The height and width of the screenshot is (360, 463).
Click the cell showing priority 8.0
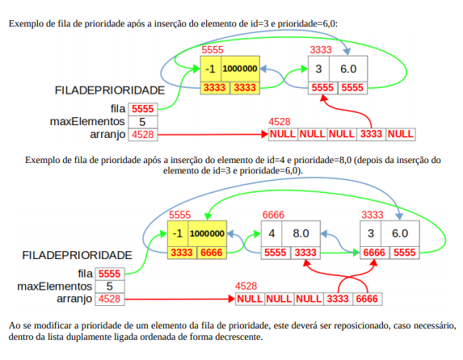(x=301, y=233)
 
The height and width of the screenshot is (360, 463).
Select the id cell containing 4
(x=271, y=233)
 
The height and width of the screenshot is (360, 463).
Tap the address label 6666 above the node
(x=273, y=215)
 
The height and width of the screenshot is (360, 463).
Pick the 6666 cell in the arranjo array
(x=367, y=299)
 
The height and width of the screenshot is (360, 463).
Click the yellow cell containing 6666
(x=212, y=253)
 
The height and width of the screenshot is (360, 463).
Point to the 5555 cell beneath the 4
(x=276, y=253)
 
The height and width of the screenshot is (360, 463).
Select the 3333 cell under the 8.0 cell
(x=305, y=253)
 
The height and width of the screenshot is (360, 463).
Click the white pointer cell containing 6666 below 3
(x=374, y=253)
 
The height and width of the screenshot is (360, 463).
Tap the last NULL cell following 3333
(x=401, y=134)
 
